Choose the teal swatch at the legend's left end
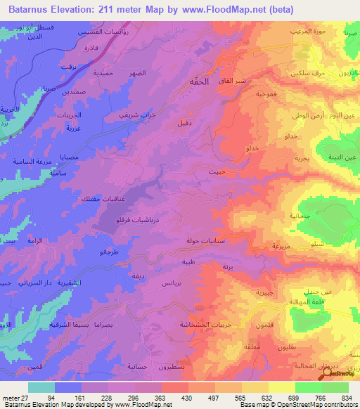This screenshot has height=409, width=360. [x=41, y=387]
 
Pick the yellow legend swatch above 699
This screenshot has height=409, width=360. [x=281, y=387]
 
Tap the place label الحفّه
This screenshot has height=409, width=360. [x=199, y=82]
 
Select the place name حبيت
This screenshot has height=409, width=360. [x=217, y=170]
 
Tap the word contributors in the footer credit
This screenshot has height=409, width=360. [x=340, y=405]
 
